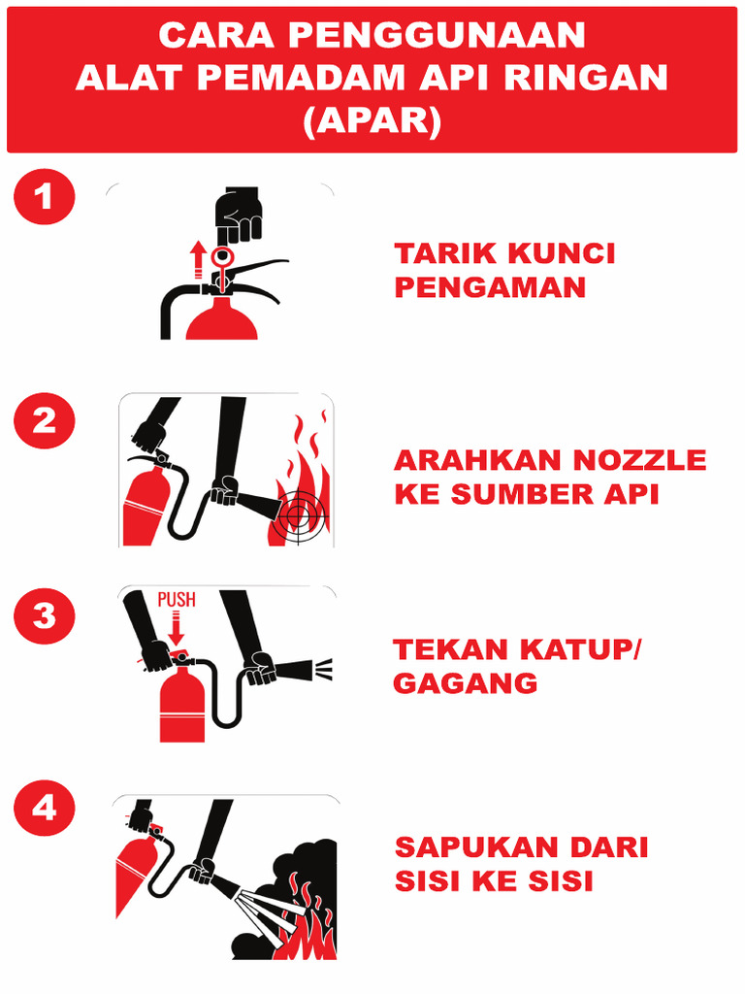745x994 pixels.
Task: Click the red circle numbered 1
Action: [44, 198]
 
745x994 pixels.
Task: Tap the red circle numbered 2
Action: [44, 421]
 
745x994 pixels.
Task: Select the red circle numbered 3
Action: [44, 616]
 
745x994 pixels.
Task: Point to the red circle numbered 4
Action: [44, 809]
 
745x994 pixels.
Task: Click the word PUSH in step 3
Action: [176, 601]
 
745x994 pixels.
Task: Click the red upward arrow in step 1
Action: [198, 259]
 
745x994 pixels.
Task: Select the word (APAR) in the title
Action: [372, 120]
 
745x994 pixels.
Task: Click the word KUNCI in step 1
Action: [562, 254]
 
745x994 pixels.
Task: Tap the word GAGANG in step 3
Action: [465, 683]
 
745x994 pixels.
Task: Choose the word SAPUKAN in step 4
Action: [468, 847]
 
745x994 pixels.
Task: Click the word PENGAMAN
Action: [490, 288]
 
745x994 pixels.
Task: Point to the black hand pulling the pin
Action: [237, 215]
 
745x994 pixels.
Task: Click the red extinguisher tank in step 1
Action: [222, 320]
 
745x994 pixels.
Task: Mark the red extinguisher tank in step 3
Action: [182, 704]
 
